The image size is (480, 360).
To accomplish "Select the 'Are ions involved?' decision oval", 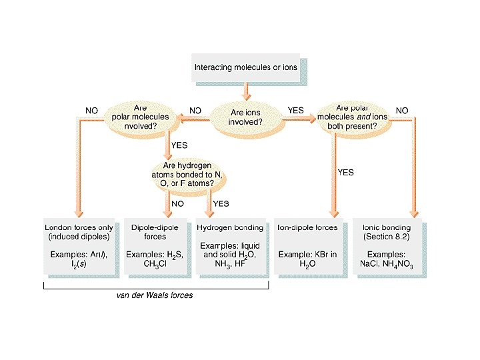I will [246, 117].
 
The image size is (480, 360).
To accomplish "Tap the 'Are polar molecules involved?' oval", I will [140, 117].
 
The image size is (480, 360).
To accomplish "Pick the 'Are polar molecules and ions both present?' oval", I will [352, 117].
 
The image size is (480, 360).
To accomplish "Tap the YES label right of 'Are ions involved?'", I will [295, 110].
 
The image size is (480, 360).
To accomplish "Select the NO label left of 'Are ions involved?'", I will [195, 110].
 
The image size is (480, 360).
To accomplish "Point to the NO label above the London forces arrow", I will [92, 110].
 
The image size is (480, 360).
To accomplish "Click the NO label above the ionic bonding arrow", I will [402, 110].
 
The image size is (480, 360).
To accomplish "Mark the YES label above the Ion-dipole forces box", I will [345, 172].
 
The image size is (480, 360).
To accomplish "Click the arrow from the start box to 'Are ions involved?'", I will [246, 91].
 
